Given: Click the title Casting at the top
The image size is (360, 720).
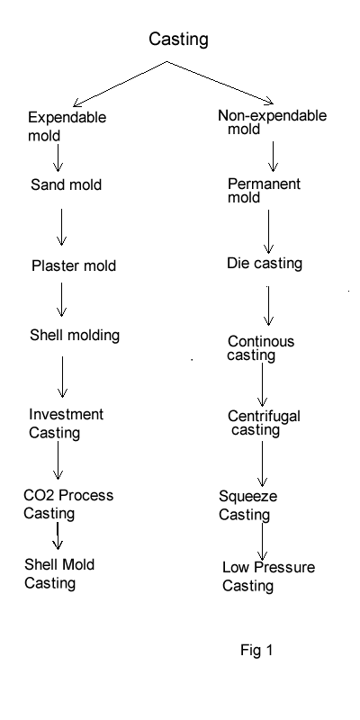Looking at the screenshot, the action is coord(178,40).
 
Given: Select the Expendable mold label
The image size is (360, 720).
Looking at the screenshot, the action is coord(67,126).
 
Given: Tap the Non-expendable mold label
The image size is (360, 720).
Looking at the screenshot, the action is coord(273,122).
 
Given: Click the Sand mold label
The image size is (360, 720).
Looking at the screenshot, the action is coord(66,185).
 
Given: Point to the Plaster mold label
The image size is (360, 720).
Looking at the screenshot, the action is coord(74,265).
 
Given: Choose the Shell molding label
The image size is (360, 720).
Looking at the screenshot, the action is coord(75,335).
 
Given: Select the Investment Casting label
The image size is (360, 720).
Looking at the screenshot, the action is coord(66,423).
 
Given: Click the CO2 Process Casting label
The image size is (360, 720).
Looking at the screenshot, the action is coord(68,504).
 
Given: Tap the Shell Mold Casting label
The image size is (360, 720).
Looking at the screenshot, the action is coord(59,573).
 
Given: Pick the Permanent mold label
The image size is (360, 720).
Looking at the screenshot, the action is coord(264,191).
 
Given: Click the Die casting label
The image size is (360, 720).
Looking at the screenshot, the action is coord(265,264).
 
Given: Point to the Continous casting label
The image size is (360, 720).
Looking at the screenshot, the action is coord(261,348).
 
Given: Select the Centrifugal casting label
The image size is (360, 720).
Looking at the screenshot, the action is coord(264,423).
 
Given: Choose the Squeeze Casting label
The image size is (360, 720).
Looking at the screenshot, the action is coord(248,506).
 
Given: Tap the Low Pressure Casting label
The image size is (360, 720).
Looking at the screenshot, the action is coord(268,576).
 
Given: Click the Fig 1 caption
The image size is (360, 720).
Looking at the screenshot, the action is coord(256,650).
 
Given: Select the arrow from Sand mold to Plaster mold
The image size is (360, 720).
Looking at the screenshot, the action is coord(61,228).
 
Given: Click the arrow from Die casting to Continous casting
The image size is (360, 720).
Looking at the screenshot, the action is coord(268,306).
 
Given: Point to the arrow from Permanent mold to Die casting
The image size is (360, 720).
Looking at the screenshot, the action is coord(268,232).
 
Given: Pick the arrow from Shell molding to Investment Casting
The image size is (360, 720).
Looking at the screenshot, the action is coord(62,377).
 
